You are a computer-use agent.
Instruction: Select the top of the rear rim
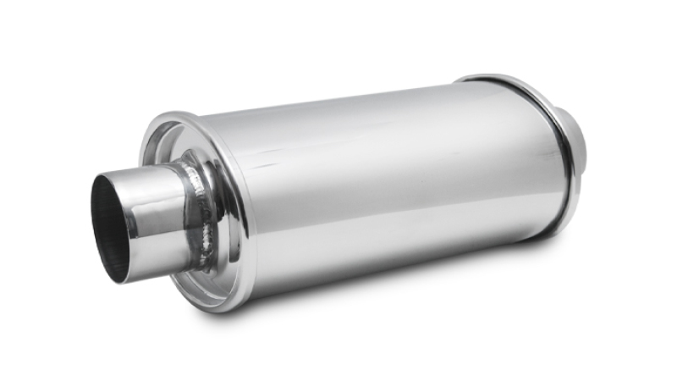click(x=482, y=78)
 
